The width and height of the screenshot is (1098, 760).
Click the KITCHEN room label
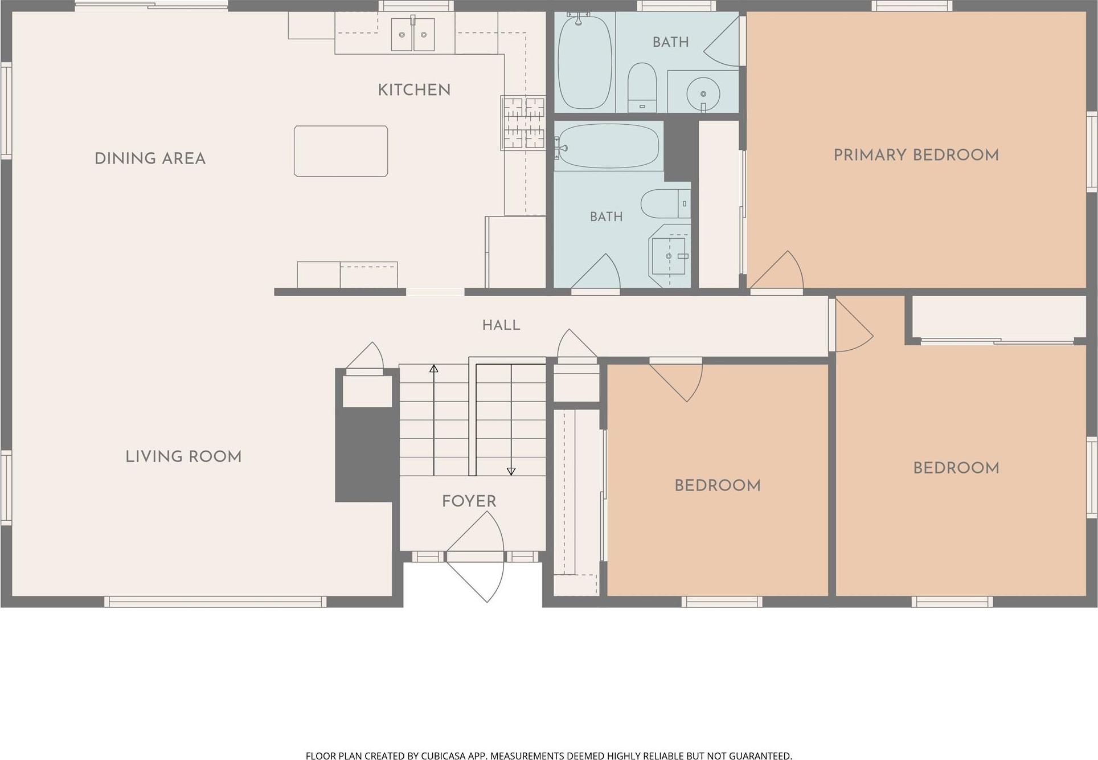click(x=414, y=90)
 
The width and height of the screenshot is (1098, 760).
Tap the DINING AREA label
click(x=150, y=158)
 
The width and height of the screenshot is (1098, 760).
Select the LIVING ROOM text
click(x=183, y=456)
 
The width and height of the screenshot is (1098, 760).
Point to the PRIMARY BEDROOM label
click(x=916, y=155)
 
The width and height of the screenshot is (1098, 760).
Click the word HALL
click(x=501, y=325)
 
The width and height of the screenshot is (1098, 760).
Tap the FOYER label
click(x=469, y=501)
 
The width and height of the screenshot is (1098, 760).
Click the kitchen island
click(x=341, y=151)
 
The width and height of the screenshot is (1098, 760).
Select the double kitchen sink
click(x=413, y=34)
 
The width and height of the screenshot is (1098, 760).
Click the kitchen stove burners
click(x=523, y=123)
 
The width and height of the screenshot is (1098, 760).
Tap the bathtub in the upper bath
click(x=584, y=62)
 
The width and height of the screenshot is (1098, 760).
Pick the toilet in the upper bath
click(x=642, y=87)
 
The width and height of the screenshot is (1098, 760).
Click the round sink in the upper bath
click(x=703, y=94)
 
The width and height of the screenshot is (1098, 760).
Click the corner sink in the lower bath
click(x=670, y=256)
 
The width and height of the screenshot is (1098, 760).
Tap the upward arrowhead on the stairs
click(x=434, y=369)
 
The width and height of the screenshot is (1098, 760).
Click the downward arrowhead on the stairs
click(x=511, y=471)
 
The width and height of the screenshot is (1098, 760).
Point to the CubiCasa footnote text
click(x=549, y=755)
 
